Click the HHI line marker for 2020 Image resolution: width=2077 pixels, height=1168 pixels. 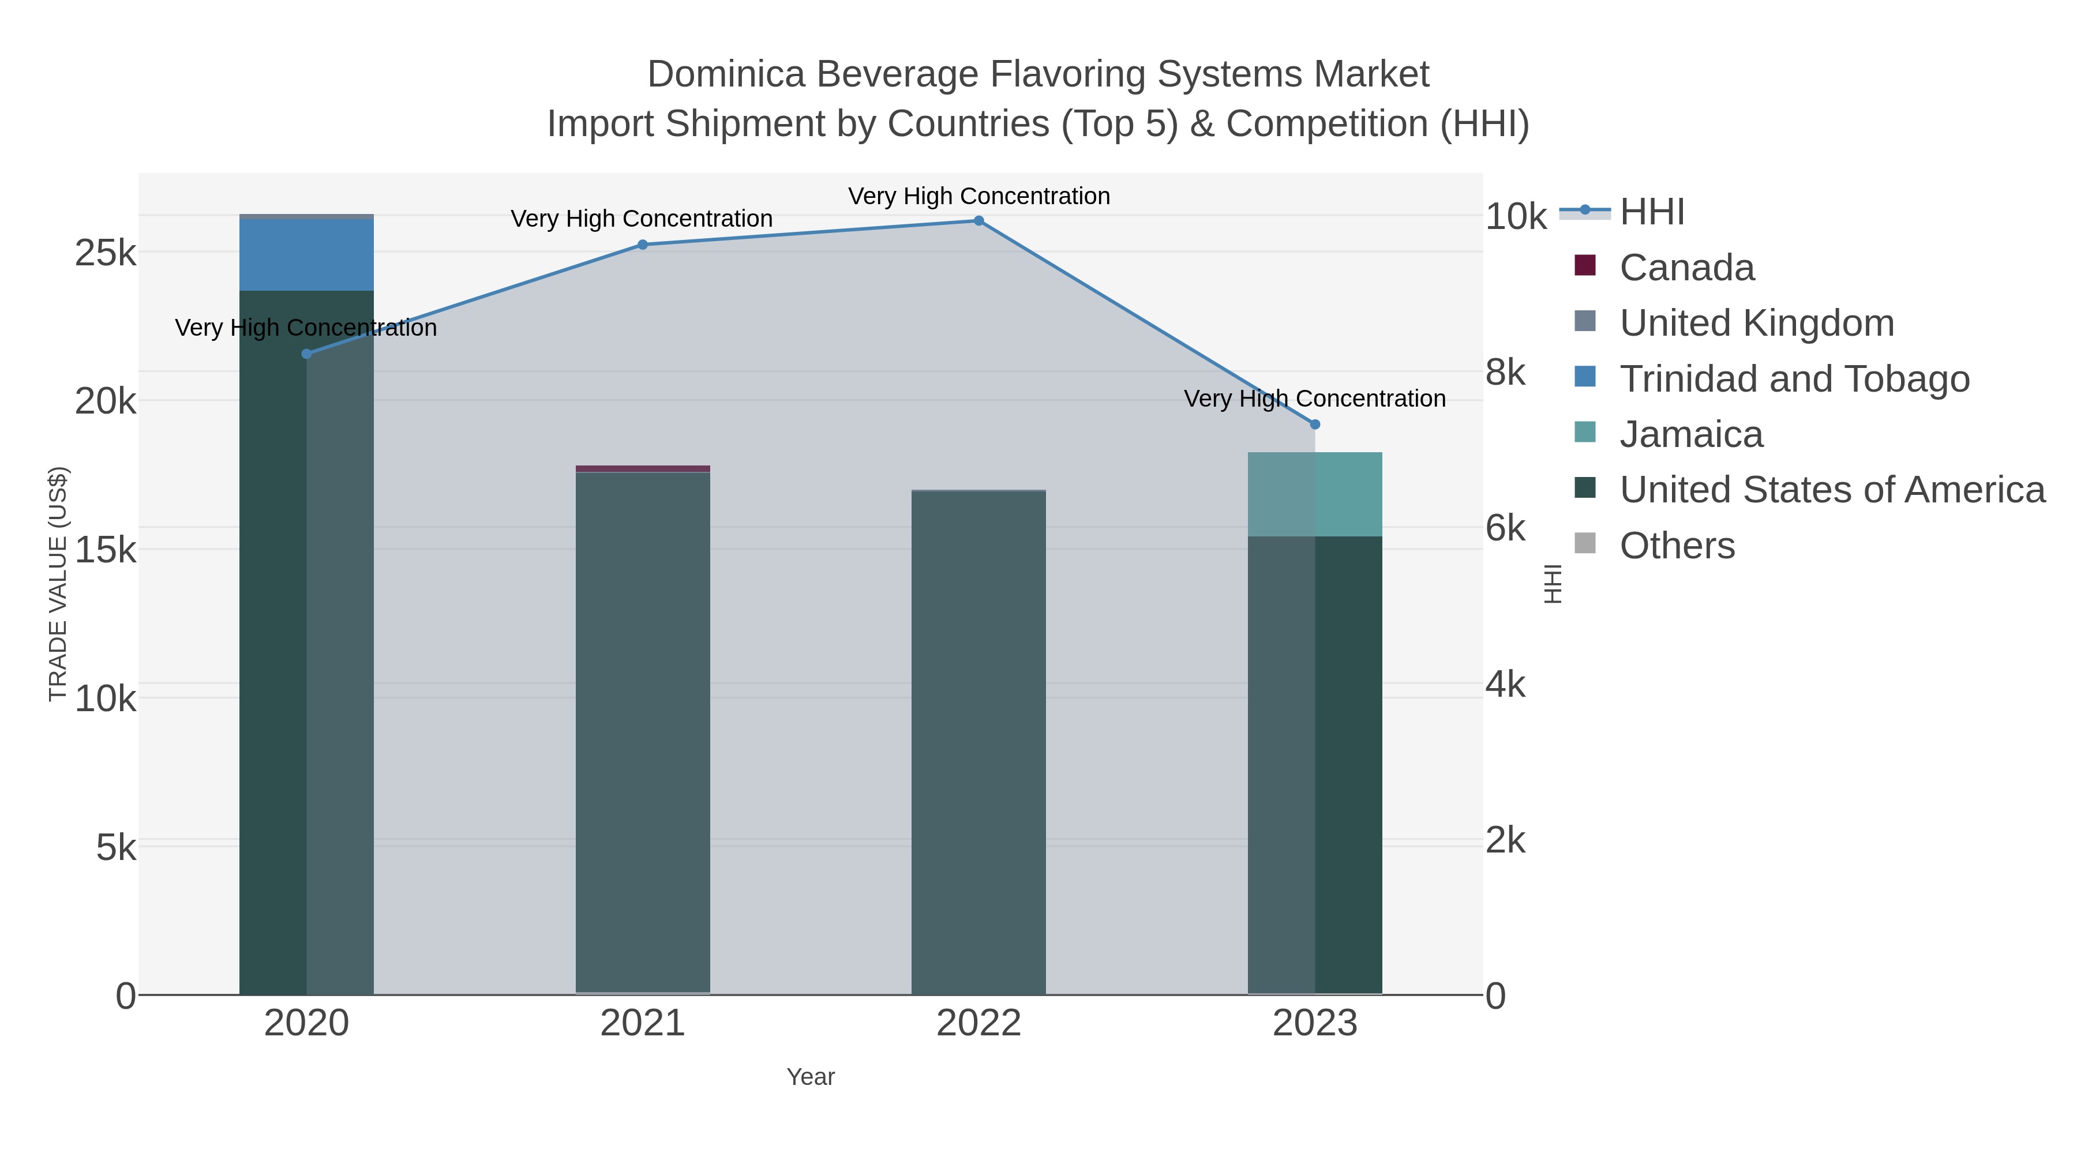click(x=306, y=354)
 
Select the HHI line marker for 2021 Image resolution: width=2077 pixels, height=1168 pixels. click(x=643, y=245)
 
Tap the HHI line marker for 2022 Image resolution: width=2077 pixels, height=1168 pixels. click(x=979, y=221)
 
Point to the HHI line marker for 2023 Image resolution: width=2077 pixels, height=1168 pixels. click(x=1315, y=424)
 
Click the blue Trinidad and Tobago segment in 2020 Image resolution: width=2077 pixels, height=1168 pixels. click(x=306, y=255)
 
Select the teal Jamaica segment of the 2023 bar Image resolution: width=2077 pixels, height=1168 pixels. click(x=1315, y=494)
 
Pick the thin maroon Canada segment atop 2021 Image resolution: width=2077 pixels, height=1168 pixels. click(x=643, y=468)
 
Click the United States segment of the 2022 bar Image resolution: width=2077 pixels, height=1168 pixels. click(x=979, y=742)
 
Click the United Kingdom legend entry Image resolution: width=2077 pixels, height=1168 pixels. click(x=1756, y=323)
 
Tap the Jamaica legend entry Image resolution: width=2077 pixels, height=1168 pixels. click(x=1691, y=434)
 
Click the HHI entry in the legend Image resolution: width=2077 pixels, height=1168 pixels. click(x=1651, y=212)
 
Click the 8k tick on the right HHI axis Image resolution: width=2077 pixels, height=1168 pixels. click(x=1505, y=373)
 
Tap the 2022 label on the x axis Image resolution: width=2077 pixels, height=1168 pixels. click(x=979, y=1023)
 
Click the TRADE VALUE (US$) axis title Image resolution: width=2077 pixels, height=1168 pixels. click(x=58, y=584)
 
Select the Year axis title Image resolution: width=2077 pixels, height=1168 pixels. click(x=811, y=1077)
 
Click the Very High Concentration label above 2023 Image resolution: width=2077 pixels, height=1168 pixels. click(x=1314, y=399)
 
